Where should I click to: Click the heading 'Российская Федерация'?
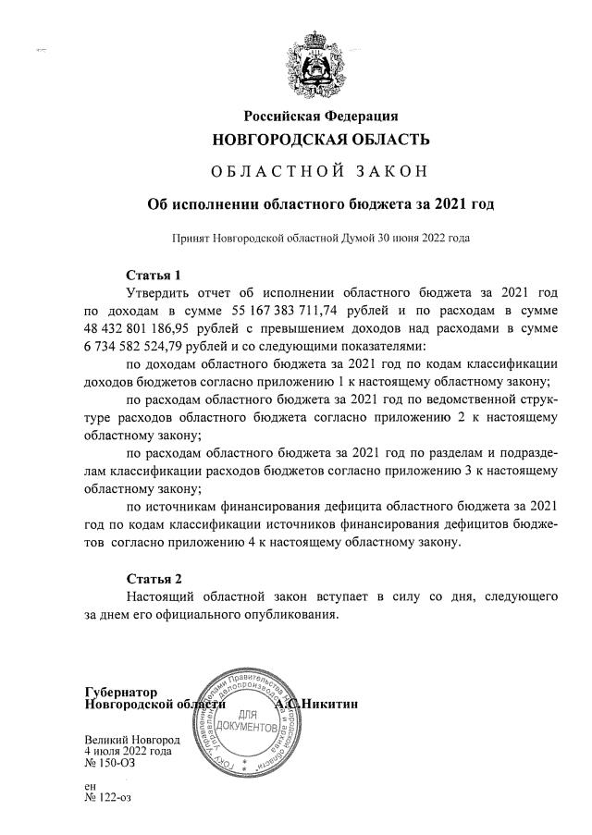pos(320,116)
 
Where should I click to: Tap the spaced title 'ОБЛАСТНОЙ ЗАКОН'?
pos(320,172)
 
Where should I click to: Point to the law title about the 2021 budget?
pos(320,203)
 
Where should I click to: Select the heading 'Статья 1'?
pos(153,275)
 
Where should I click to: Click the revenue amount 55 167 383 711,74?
pos(281,311)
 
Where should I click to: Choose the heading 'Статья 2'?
pos(153,580)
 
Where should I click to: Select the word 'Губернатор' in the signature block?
pos(120,692)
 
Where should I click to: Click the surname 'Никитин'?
pos(331,705)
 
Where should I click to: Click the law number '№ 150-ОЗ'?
pos(108,764)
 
